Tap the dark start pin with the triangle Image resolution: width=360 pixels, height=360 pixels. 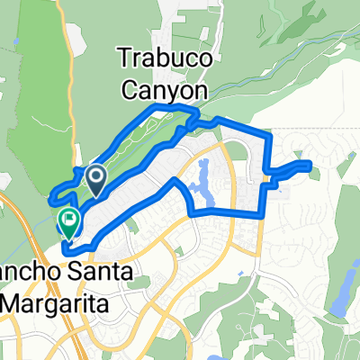94,178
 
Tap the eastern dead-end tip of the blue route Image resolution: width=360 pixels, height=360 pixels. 310,164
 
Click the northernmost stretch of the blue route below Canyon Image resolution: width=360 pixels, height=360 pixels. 162,107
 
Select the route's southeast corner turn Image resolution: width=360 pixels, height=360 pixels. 262,212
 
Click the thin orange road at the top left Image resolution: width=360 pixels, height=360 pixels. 68,36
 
